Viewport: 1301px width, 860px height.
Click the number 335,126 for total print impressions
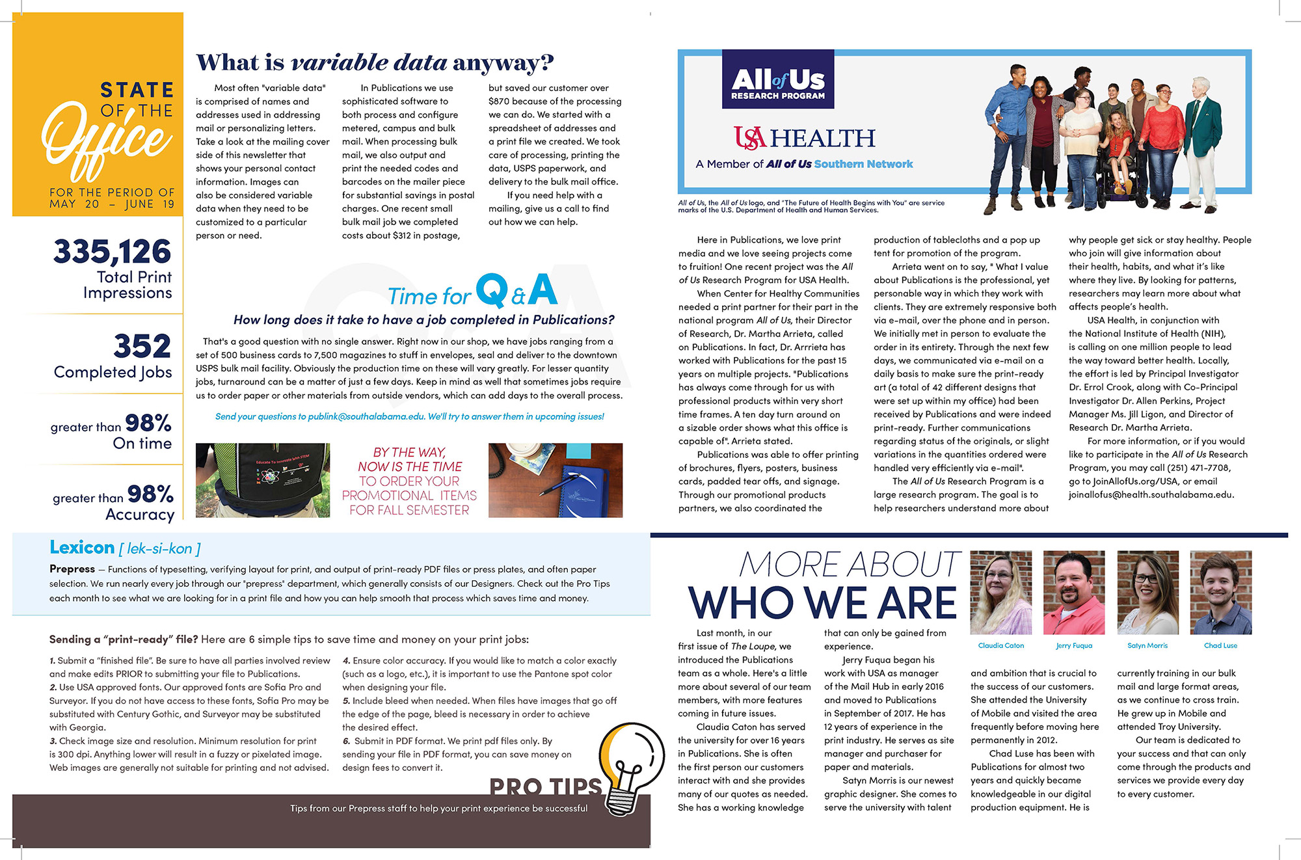point(112,252)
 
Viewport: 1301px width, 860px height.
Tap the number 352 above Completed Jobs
point(142,346)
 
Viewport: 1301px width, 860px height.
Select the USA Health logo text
point(805,138)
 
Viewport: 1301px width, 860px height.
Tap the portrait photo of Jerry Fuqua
point(1074,592)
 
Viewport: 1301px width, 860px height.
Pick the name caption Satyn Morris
point(1147,646)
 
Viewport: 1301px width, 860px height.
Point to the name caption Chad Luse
point(1220,646)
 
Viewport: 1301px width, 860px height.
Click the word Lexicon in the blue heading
point(82,548)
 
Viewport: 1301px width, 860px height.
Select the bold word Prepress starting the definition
point(72,569)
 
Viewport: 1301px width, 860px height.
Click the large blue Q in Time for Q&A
point(492,290)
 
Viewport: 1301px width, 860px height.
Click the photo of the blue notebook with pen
point(556,480)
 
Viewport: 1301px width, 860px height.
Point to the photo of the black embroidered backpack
point(263,480)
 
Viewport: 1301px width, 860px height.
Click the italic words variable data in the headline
point(369,63)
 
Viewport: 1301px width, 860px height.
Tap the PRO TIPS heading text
point(546,786)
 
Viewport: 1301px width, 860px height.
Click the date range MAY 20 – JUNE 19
point(112,204)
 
